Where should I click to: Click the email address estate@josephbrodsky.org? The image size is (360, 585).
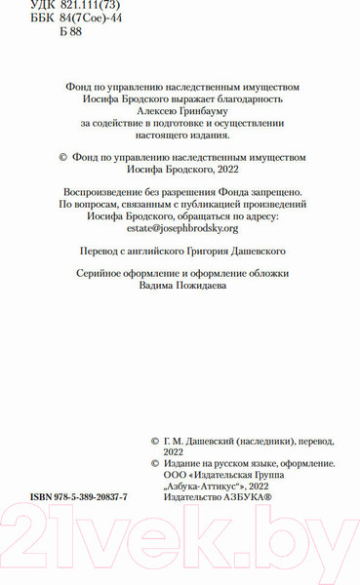click(x=181, y=227)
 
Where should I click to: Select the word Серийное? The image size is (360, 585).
click(x=102, y=274)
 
